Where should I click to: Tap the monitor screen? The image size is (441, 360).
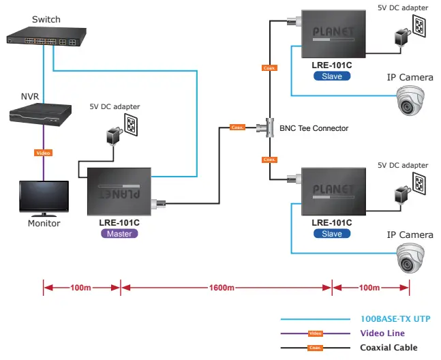(44, 197)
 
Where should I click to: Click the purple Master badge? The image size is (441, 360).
(120, 233)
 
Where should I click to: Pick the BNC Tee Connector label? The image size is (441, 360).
(314, 128)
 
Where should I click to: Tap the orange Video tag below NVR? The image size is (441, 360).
(43, 153)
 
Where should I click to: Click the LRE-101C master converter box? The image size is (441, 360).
(120, 193)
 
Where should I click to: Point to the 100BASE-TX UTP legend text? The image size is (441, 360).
(395, 319)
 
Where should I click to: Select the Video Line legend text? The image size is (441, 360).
(382, 333)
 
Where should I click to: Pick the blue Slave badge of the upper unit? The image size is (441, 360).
(332, 76)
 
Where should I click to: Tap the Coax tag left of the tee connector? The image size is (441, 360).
(237, 127)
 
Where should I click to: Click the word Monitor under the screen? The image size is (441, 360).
(44, 223)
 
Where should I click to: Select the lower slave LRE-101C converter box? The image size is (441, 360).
(333, 190)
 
